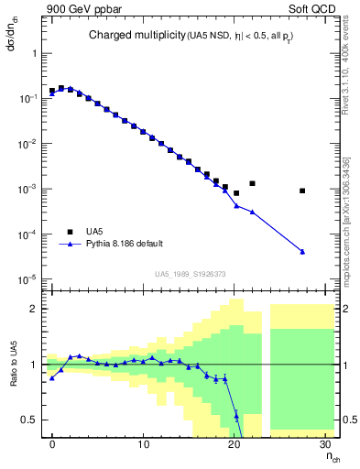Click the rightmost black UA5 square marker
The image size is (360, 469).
click(302, 191)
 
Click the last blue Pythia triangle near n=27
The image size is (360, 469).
click(302, 252)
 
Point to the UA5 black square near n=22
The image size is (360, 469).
click(252, 183)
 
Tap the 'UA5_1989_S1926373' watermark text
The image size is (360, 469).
click(191, 274)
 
